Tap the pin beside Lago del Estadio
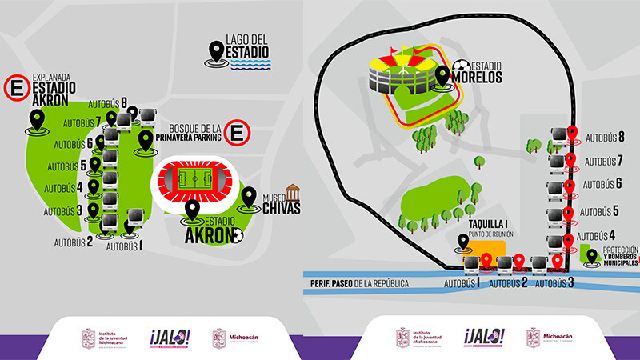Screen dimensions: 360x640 click(214, 53)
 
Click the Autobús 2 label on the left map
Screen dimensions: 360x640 click(74, 240)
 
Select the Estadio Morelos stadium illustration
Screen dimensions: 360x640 click(400, 74)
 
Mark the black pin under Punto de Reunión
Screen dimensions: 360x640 click(463, 242)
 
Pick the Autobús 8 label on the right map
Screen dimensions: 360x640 click(604, 137)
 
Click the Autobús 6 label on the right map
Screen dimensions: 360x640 click(604, 184)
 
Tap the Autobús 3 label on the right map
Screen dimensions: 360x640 click(554, 283)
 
